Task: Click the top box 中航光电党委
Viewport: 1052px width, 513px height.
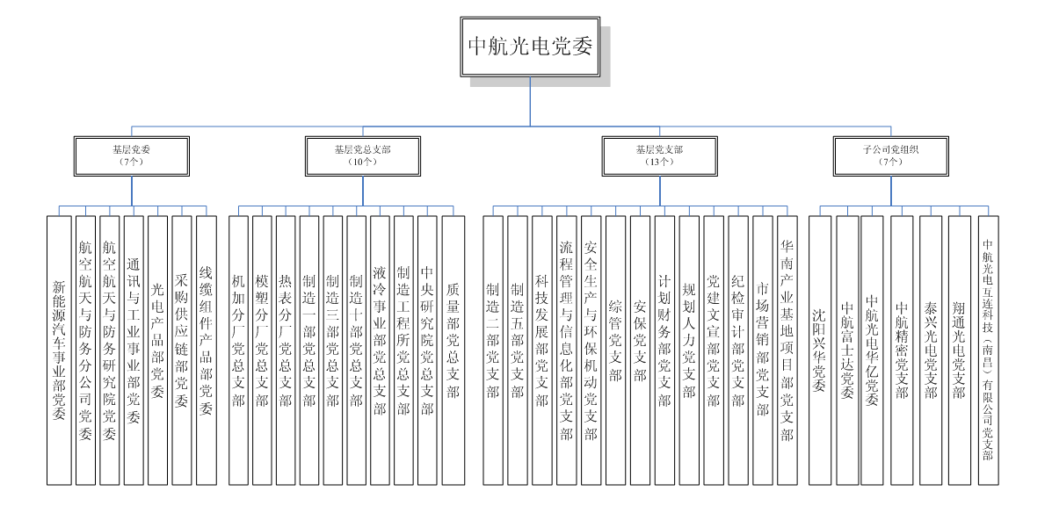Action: pos(530,47)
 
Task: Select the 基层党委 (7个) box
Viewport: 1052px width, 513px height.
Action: pos(131,155)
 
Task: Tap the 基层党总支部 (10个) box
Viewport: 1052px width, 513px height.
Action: pos(362,155)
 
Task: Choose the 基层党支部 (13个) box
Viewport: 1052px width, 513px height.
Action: pos(658,155)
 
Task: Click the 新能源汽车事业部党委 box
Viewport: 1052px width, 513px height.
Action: pos(59,350)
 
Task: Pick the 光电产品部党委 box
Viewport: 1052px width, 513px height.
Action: pos(157,350)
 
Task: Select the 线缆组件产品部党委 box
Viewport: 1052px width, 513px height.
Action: pos(206,350)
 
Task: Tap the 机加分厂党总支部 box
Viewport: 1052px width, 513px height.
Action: pos(238,350)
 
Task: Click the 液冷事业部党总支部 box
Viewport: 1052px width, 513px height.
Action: pos(380,350)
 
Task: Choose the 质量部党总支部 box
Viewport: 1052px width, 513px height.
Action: pos(453,350)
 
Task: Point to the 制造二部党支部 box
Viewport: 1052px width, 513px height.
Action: pos(493,350)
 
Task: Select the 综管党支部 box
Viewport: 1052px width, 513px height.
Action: pos(615,350)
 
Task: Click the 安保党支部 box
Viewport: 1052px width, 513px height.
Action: pos(640,350)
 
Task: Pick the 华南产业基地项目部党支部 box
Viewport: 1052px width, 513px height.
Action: pos(787,350)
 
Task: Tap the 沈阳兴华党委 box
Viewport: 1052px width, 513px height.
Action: pos(819,350)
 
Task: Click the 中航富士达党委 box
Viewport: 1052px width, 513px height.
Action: pos(847,350)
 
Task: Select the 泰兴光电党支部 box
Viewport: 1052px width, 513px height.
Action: pos(931,350)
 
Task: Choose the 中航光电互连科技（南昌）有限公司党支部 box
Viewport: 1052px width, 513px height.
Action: pos(988,350)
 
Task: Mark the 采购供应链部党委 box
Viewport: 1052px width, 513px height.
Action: pos(181,350)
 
